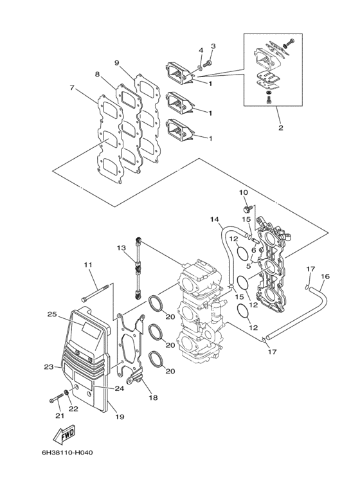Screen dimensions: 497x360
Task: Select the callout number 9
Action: pyautogui.click(x=117, y=62)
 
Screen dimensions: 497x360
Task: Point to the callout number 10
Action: pyautogui.click(x=244, y=192)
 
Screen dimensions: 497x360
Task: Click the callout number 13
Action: pyautogui.click(x=121, y=248)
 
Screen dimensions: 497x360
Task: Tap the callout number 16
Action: pyautogui.click(x=325, y=276)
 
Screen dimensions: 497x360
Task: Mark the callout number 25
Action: pyautogui.click(x=52, y=314)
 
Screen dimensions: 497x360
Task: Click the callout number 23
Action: pyautogui.click(x=48, y=367)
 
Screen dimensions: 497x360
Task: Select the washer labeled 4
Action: pyautogui.click(x=201, y=66)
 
